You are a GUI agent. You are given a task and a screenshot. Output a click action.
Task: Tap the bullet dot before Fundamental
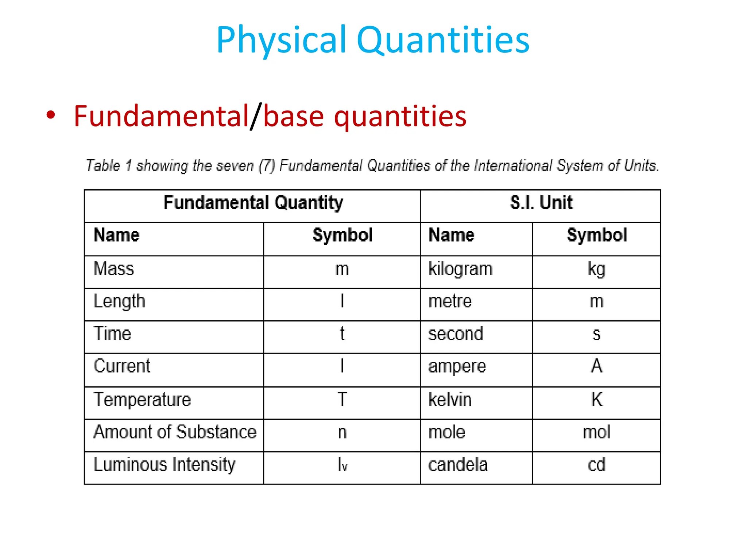pos(51,115)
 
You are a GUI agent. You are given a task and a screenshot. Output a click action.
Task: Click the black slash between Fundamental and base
pos(256,116)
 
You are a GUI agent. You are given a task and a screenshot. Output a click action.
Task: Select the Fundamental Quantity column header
pos(253,203)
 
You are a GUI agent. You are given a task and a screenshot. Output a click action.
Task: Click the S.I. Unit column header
pos(541,203)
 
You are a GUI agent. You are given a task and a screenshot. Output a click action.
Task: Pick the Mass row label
pos(114,269)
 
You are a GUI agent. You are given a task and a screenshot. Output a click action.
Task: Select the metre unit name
pos(450,302)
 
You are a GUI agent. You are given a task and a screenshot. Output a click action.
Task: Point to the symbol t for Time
pos(342,334)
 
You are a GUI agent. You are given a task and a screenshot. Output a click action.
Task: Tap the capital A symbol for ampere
pos(597,366)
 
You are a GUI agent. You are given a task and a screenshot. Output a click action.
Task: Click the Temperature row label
pos(142,400)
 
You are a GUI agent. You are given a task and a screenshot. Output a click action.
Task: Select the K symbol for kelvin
pos(597,400)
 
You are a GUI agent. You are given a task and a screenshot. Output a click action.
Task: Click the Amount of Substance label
pos(175,432)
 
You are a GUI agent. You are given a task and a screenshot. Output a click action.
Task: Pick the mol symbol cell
pos(596,432)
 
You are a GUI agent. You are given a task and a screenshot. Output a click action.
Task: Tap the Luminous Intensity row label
pos(165,465)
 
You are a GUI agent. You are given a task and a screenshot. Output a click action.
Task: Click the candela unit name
pos(458,465)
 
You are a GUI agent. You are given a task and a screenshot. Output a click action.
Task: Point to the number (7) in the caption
pos(267,166)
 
